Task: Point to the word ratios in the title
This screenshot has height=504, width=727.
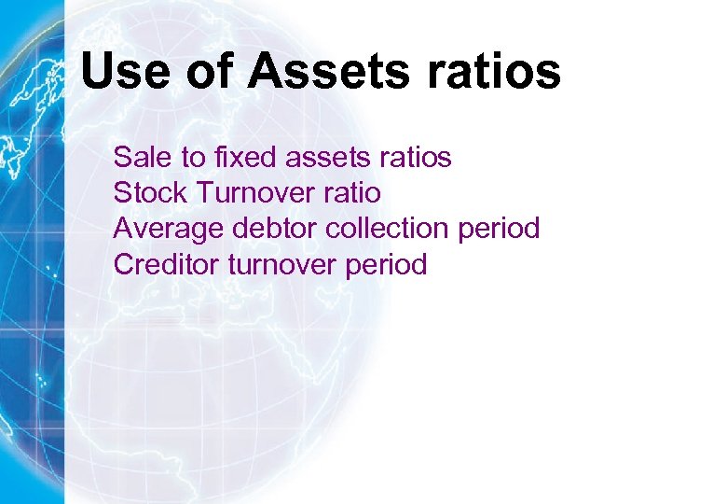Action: tap(500, 71)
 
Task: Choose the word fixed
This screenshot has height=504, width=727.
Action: tap(246, 158)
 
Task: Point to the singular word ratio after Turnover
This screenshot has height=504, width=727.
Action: tap(350, 193)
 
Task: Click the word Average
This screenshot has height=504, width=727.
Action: tap(163, 229)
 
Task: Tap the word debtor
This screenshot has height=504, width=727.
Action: tap(262, 229)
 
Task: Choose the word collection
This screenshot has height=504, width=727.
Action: tap(383, 229)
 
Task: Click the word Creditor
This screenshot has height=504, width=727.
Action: tap(166, 264)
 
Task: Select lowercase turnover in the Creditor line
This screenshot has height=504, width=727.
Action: tap(283, 264)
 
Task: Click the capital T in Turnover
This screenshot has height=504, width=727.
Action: tap(204, 193)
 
